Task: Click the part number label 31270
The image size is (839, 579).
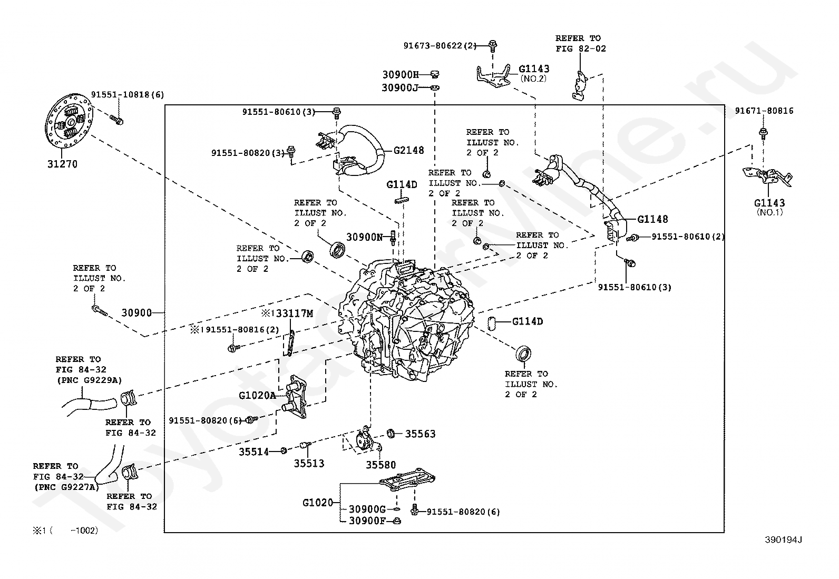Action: point(62,164)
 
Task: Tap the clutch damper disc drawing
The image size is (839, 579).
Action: point(69,121)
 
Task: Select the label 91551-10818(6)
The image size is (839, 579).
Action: point(128,94)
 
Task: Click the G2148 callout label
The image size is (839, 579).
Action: point(408,150)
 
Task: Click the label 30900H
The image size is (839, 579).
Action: point(401,74)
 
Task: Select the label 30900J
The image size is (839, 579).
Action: point(399,87)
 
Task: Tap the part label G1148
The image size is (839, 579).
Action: point(652,219)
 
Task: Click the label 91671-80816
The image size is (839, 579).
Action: point(764,111)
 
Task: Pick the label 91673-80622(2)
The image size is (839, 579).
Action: point(440,46)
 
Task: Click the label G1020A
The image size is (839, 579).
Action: point(257,395)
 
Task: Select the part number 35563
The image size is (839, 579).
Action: point(420,434)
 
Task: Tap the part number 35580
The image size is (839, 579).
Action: point(381,465)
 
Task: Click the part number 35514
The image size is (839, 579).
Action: point(254,452)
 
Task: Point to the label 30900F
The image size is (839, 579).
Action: point(367,521)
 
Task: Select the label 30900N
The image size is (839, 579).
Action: point(365,237)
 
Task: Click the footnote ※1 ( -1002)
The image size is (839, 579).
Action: point(65,531)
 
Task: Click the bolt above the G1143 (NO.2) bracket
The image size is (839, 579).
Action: point(493,46)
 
